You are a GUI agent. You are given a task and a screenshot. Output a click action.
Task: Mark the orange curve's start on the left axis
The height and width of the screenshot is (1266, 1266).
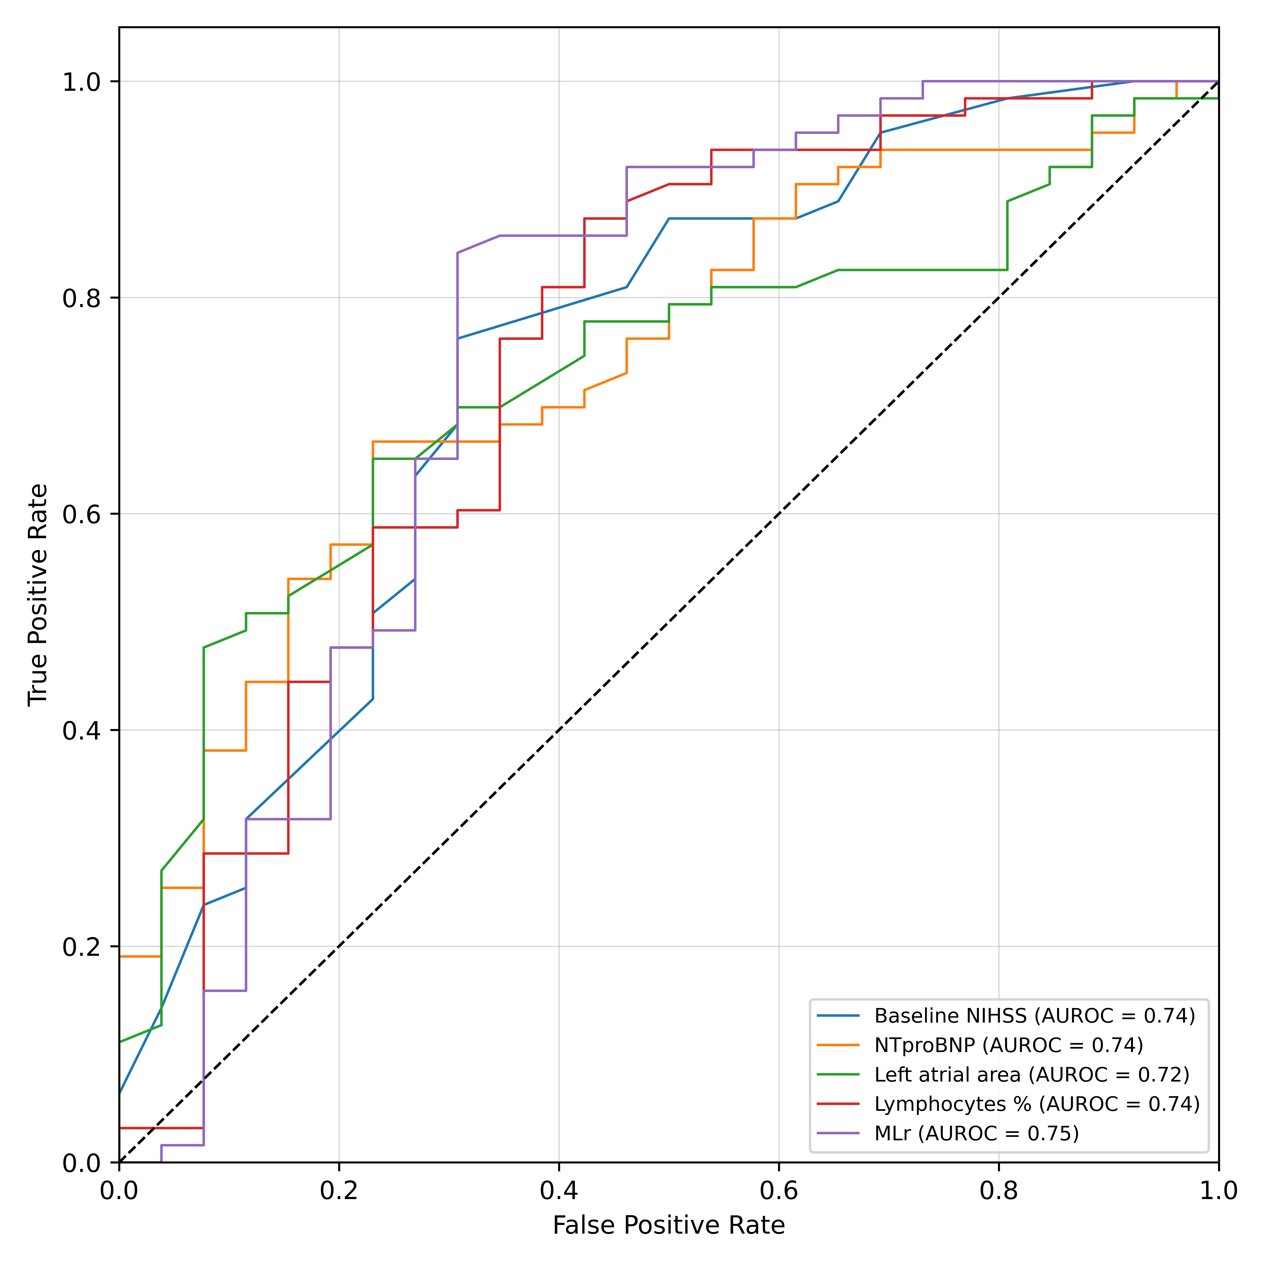pyautogui.click(x=120, y=957)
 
